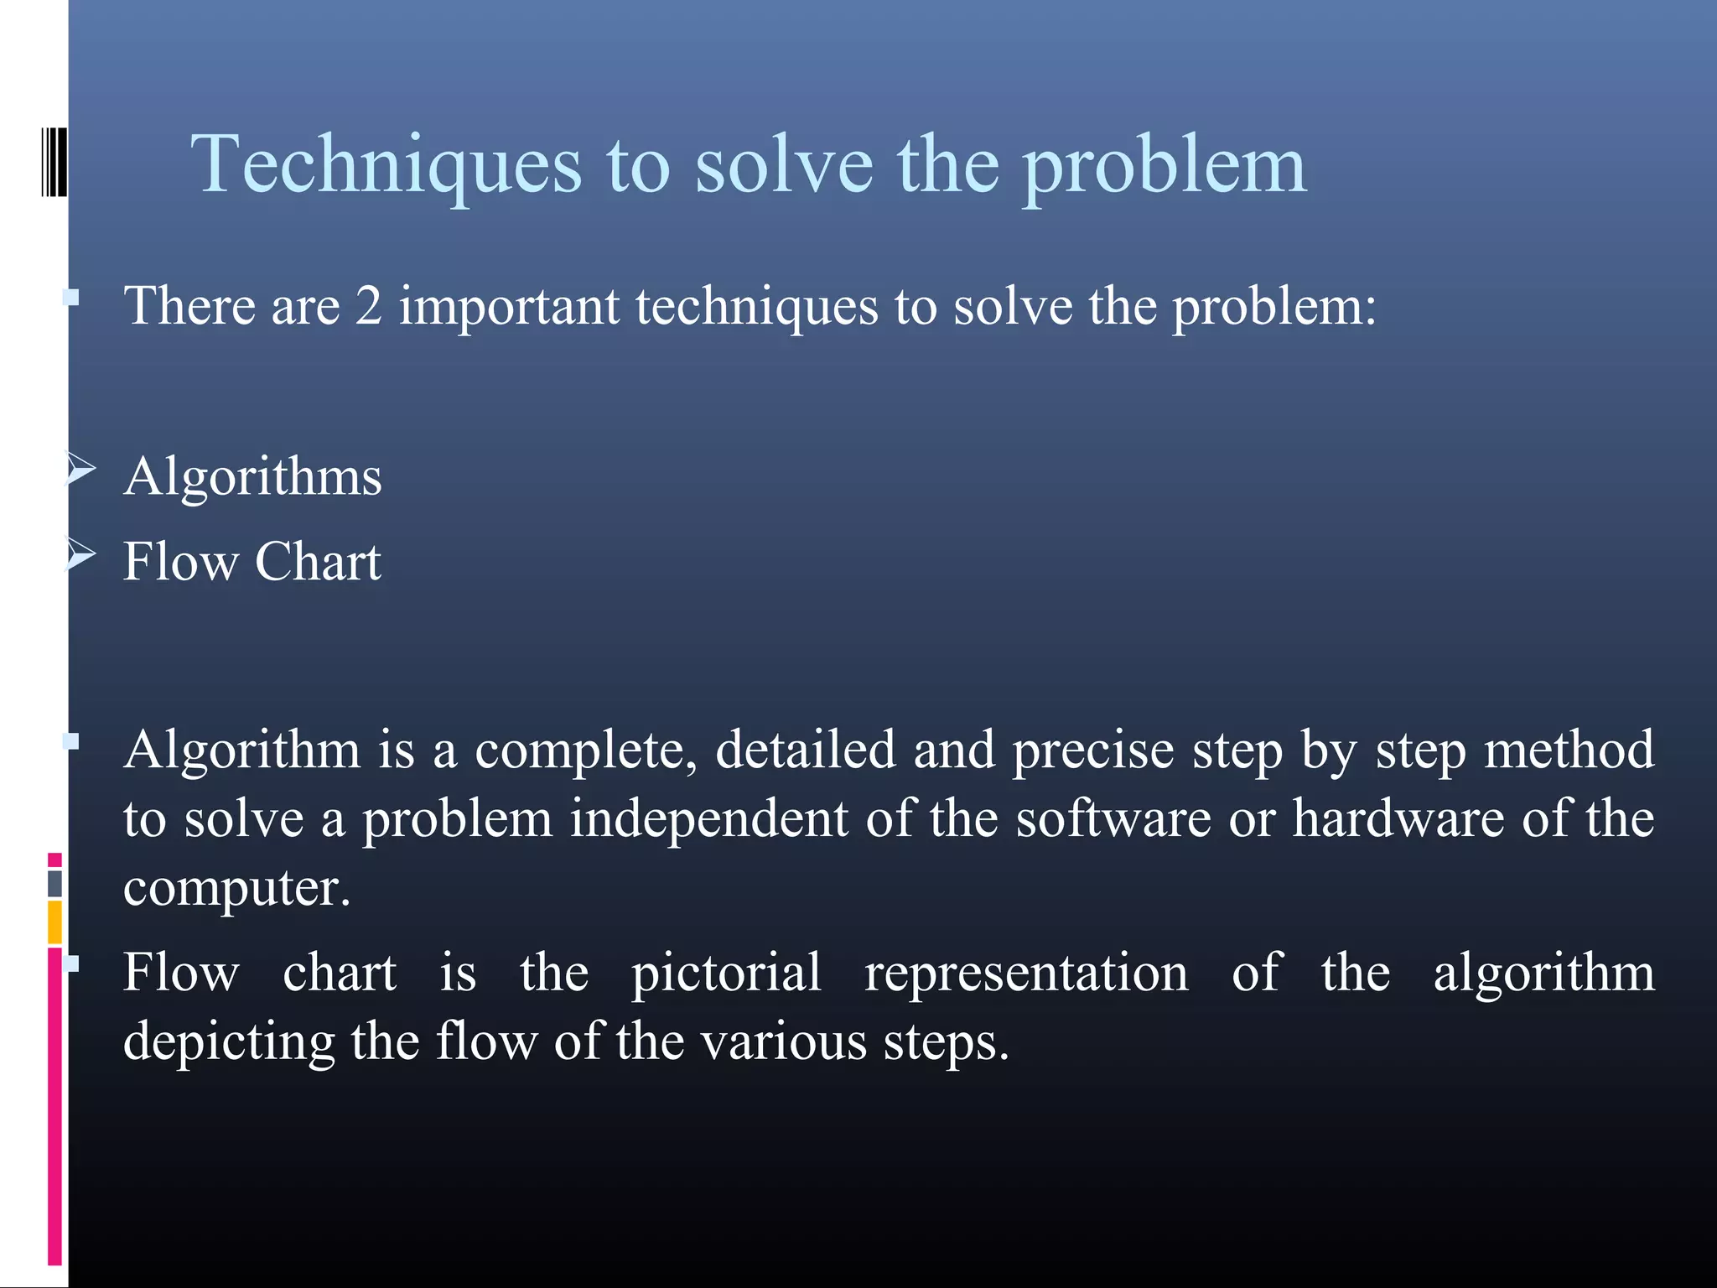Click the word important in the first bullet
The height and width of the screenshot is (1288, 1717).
pyautogui.click(x=509, y=307)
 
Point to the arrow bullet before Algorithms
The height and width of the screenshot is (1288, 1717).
pyautogui.click(x=81, y=470)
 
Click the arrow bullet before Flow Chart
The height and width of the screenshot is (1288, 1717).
pyautogui.click(x=81, y=554)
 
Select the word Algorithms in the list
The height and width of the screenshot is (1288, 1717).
pyautogui.click(x=252, y=478)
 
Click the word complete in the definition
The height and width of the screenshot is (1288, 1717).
pyautogui.click(x=585, y=750)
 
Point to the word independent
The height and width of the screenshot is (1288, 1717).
pyautogui.click(x=708, y=819)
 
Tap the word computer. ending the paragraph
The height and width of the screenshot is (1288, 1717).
pyautogui.click(x=236, y=889)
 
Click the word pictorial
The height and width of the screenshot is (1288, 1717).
pyautogui.click(x=726, y=974)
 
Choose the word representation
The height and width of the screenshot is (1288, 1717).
pyautogui.click(x=1026, y=974)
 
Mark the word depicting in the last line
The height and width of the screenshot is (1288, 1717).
pyautogui.click(x=229, y=1043)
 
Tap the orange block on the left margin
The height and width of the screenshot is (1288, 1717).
pyautogui.click(x=54, y=922)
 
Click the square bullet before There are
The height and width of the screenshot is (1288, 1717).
pyautogui.click(x=72, y=297)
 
